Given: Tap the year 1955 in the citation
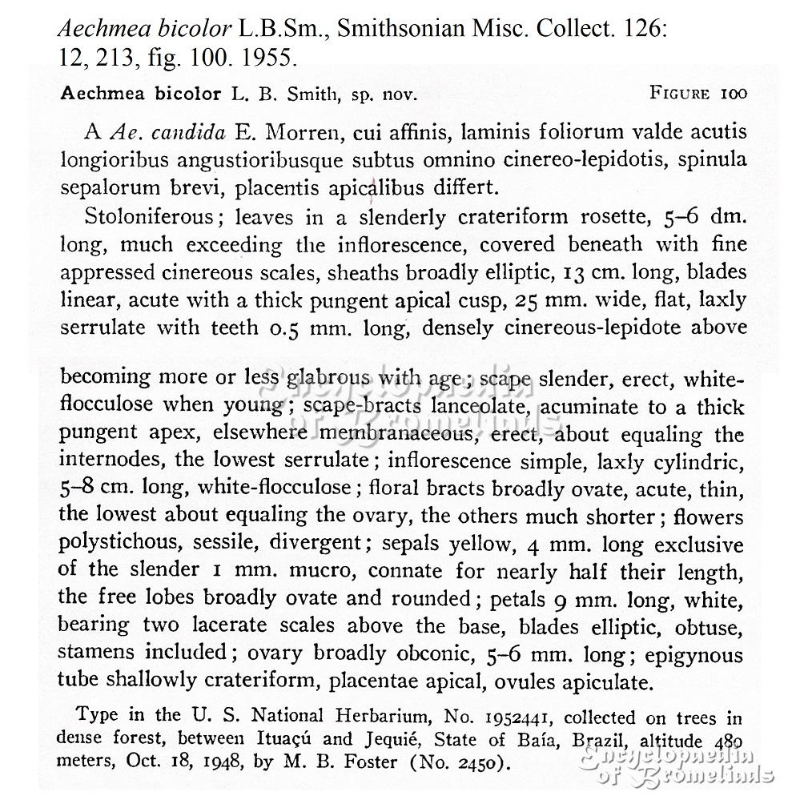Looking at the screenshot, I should click(268, 58).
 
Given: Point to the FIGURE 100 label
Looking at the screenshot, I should click(698, 93).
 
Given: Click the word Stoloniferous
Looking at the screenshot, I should click(148, 217).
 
